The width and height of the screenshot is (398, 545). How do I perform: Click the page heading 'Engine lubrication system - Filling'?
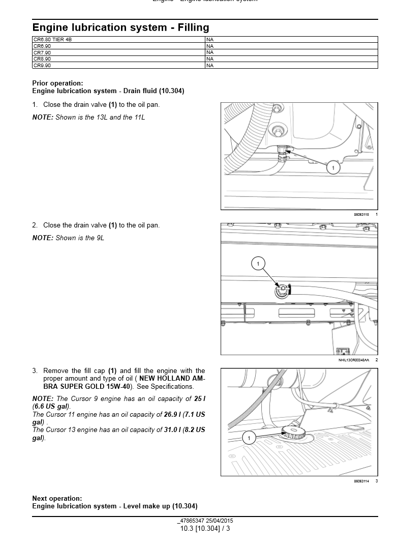120,27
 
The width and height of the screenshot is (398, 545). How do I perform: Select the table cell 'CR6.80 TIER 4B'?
49,39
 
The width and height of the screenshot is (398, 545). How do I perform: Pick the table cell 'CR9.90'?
42,65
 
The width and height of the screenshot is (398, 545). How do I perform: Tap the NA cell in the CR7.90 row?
210,52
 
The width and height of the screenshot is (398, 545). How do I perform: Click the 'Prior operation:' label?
57,83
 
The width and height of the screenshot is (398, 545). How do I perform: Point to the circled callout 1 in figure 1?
333,167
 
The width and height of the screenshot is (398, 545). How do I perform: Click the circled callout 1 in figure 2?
258,264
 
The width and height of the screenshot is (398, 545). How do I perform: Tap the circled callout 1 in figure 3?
249,438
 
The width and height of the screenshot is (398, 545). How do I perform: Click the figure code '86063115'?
361,215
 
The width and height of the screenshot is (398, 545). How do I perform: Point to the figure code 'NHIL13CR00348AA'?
354,360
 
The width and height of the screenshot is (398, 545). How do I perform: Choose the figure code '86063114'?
361,481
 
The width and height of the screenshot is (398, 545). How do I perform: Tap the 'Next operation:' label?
57,499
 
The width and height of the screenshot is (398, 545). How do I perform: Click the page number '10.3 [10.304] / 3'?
205,529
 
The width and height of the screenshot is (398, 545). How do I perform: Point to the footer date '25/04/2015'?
220,521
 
